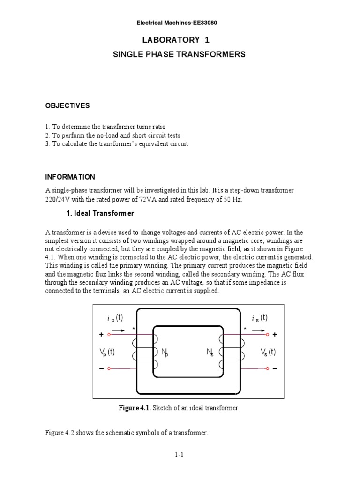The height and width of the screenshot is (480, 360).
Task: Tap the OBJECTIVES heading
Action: (67, 105)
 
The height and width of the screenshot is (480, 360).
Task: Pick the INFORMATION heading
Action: (70, 177)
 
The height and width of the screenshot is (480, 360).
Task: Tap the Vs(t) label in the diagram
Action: (268, 352)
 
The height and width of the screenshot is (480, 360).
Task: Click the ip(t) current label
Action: (114, 318)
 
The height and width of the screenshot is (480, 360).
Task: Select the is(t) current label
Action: (259, 318)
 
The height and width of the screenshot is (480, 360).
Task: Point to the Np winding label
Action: (165, 352)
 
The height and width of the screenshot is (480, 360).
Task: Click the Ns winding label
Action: (210, 352)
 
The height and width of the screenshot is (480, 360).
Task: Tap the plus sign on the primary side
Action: (101, 335)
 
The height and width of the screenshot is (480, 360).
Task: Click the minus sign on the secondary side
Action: (275, 368)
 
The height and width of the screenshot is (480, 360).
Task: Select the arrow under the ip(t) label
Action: (119, 330)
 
